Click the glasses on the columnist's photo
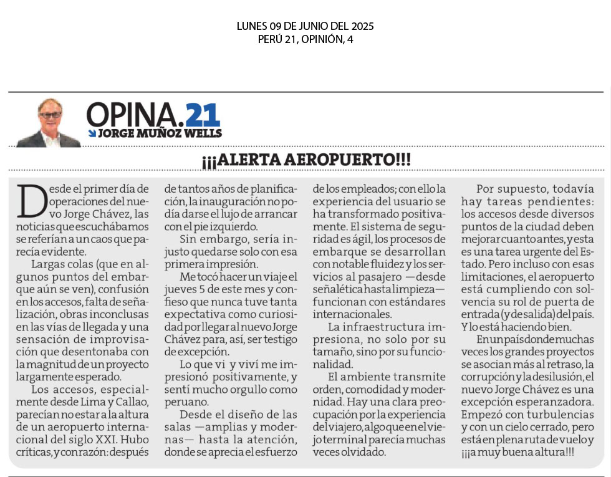point(49,115)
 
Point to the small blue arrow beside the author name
point(92,133)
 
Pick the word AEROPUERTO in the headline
point(339,159)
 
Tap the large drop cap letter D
point(32,201)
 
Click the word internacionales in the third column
point(352,314)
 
